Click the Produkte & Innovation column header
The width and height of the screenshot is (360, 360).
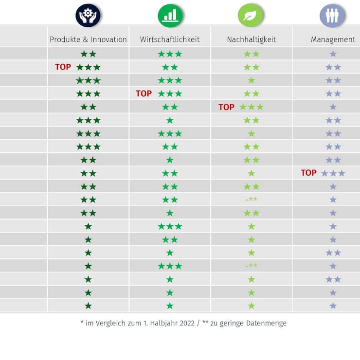[x=88, y=40]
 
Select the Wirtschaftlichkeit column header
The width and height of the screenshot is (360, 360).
[x=170, y=40]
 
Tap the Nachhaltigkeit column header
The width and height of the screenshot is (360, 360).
[x=251, y=40]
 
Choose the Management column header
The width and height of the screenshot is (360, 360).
[x=333, y=40]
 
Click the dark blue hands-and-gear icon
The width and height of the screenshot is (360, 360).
[x=88, y=15]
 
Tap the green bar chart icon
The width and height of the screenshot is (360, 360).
[x=170, y=15]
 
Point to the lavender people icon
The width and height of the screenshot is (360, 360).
[x=332, y=15]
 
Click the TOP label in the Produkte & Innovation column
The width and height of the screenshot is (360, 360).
[x=63, y=67]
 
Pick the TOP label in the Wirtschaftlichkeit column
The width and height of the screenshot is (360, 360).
[x=144, y=93]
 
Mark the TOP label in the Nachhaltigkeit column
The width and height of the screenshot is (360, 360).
[x=226, y=107]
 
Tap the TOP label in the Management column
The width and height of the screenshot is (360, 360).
[x=308, y=173]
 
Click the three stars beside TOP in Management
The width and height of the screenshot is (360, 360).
[x=333, y=173]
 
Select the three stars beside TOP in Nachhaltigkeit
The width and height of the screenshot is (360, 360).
[x=252, y=107]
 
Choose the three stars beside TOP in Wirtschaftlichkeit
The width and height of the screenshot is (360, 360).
[x=170, y=93]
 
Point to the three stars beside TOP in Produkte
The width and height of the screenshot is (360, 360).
[x=88, y=67]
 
